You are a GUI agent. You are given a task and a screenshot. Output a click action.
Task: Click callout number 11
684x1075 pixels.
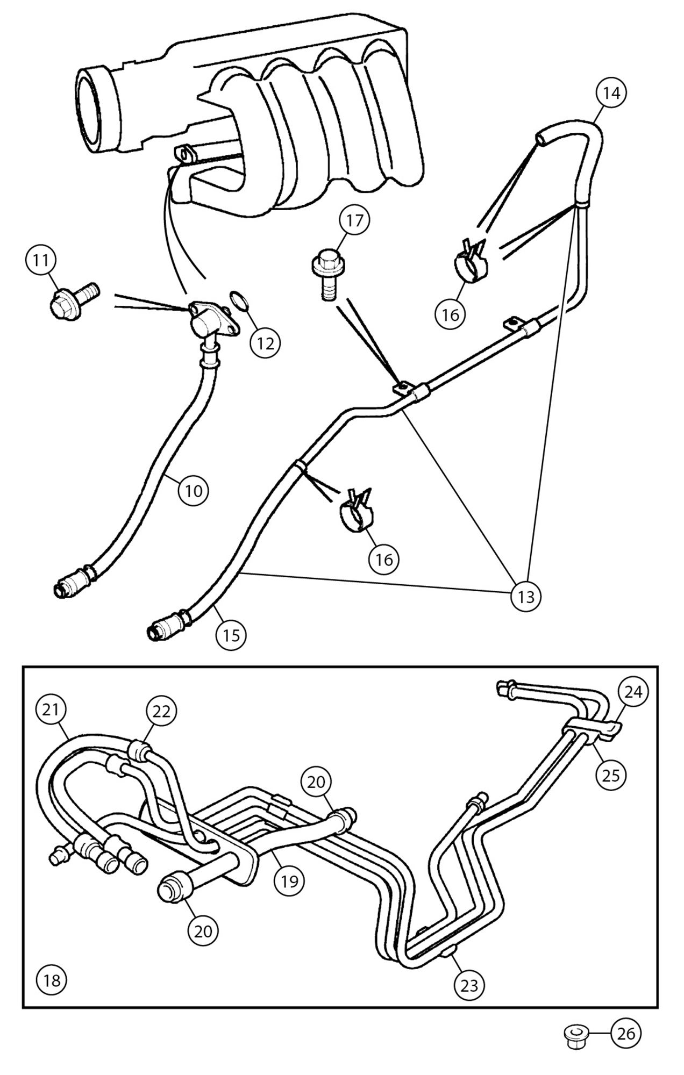(x=41, y=261)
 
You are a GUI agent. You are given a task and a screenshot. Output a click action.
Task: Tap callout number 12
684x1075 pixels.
(x=265, y=342)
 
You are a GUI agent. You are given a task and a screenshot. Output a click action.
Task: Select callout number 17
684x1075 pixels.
(x=354, y=221)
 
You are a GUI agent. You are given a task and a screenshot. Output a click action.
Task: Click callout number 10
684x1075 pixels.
(x=194, y=490)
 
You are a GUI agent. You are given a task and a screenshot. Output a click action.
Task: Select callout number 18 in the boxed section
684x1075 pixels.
(x=52, y=980)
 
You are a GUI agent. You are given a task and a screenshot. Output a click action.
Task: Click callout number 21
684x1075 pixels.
(x=51, y=709)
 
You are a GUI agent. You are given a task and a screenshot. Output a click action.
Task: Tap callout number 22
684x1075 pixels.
(x=161, y=711)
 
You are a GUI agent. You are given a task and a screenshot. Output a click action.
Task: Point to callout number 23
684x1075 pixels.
(x=469, y=985)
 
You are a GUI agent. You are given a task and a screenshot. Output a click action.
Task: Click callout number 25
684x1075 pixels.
(x=611, y=775)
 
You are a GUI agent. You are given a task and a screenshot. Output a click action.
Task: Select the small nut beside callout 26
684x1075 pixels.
(x=575, y=1034)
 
